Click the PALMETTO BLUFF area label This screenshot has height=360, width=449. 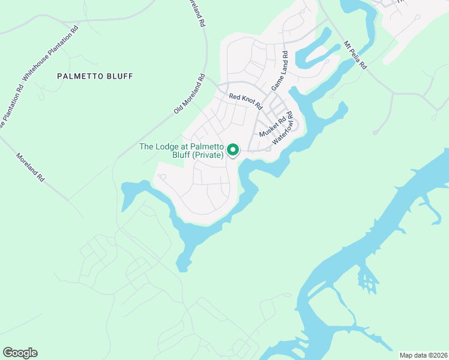click(x=94, y=76)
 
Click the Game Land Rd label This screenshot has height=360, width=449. click(x=280, y=71)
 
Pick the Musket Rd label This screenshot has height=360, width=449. click(x=272, y=127)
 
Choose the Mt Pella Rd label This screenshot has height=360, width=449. click(x=355, y=55)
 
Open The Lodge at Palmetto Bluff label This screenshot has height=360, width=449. click(x=181, y=151)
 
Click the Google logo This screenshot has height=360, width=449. click(x=20, y=353)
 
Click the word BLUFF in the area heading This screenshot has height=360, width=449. click(x=118, y=76)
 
